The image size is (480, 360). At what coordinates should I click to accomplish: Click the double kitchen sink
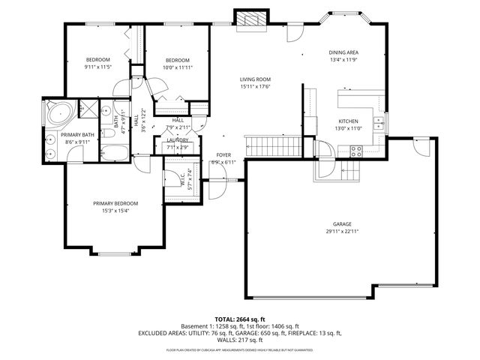click(379, 122)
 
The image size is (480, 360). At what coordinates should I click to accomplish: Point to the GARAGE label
click(343, 224)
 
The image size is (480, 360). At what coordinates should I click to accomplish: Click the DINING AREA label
click(344, 52)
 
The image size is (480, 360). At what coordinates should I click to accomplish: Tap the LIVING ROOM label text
click(255, 79)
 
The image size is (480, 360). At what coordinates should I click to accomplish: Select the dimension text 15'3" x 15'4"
click(115, 210)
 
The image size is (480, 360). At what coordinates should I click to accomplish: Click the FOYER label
click(223, 154)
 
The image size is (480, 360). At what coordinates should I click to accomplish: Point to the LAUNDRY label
click(178, 139)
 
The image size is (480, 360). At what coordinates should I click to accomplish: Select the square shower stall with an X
click(88, 109)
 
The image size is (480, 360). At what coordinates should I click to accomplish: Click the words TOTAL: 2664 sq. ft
click(240, 319)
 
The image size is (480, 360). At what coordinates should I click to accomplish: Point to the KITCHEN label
click(348, 121)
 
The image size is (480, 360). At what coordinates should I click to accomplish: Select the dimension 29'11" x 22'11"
click(343, 232)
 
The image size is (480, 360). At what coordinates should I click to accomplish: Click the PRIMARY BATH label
click(78, 134)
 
